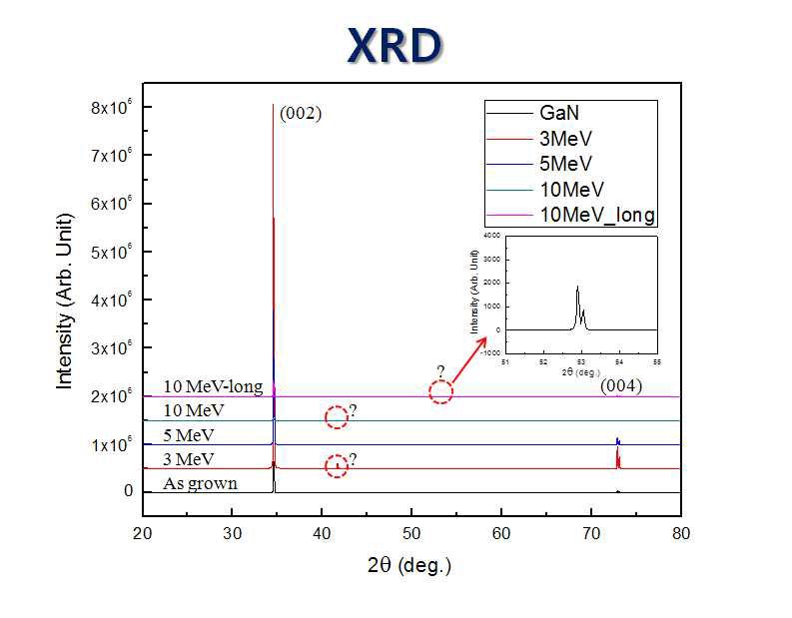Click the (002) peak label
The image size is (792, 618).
[300, 113]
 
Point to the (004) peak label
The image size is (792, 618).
[620, 385]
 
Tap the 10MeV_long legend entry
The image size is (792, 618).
[596, 214]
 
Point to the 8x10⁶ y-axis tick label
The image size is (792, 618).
[114, 107]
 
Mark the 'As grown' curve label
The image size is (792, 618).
[202, 484]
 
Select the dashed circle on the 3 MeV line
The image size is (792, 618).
[338, 465]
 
